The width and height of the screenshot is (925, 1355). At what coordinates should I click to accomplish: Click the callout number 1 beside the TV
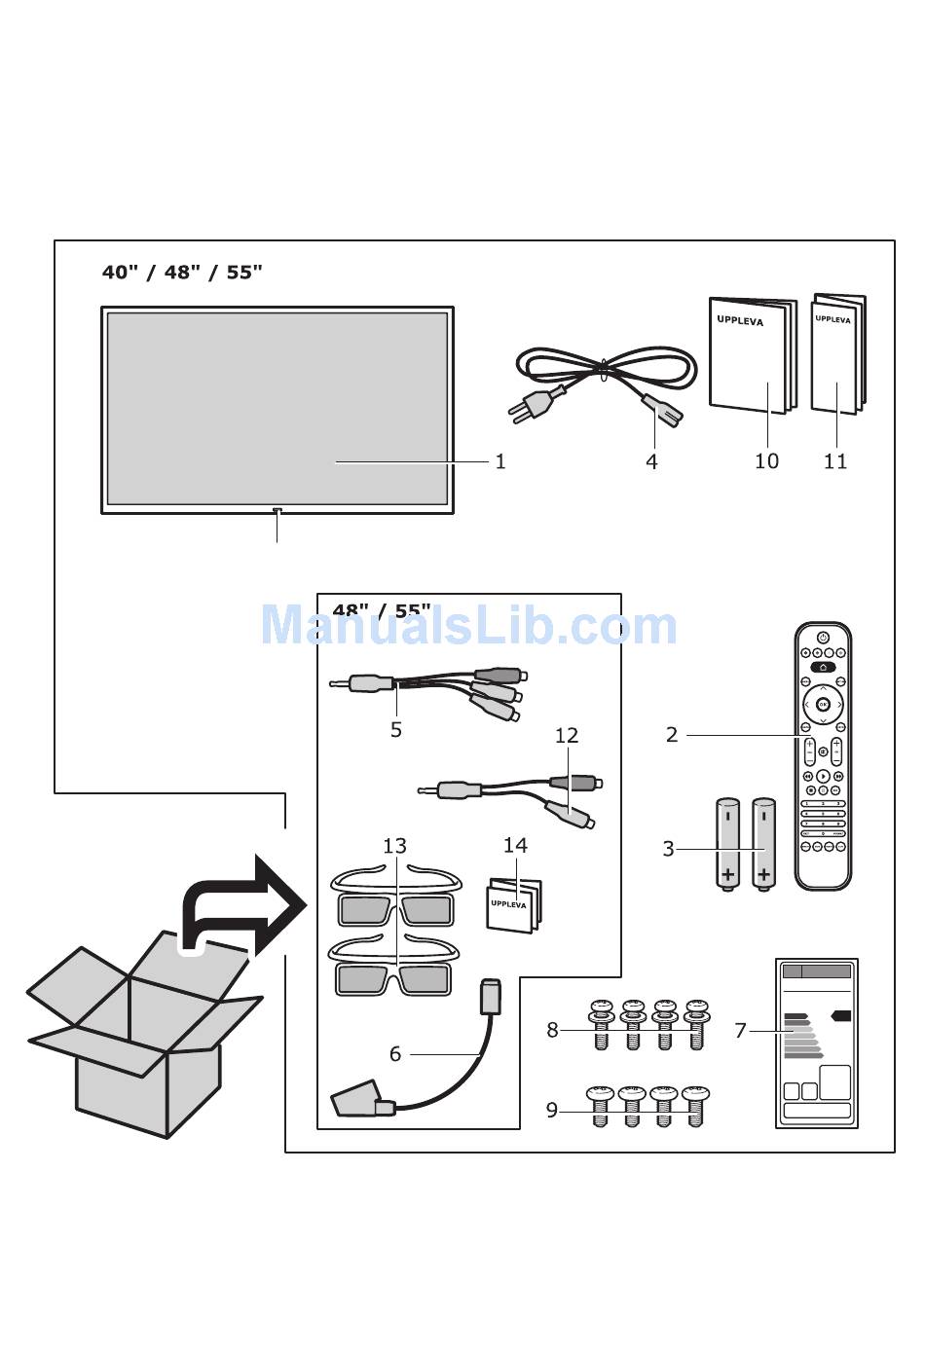pos(500,461)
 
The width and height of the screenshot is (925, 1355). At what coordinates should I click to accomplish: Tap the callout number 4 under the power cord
pos(651,462)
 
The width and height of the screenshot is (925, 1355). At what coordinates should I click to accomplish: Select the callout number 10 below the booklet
pos(766,461)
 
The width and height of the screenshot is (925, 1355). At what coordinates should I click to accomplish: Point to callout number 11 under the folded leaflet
pos(835,461)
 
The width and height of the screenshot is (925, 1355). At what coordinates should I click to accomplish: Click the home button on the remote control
pos(823,668)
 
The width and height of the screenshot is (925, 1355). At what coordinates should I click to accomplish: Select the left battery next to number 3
pos(727,843)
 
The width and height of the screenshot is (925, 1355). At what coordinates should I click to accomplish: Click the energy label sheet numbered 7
pos(817,1043)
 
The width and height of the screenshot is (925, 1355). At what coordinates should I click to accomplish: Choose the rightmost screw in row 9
pos(695,1106)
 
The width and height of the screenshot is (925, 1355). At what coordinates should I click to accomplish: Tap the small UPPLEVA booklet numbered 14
pos(513,904)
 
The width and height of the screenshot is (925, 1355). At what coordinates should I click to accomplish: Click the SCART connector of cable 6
pos(357,1100)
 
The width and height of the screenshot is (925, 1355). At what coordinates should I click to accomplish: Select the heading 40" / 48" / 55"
pos(182,273)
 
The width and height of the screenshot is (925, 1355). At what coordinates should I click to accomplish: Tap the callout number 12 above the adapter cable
pos(566,736)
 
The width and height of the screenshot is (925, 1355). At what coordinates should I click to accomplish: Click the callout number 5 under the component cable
pos(395,730)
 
